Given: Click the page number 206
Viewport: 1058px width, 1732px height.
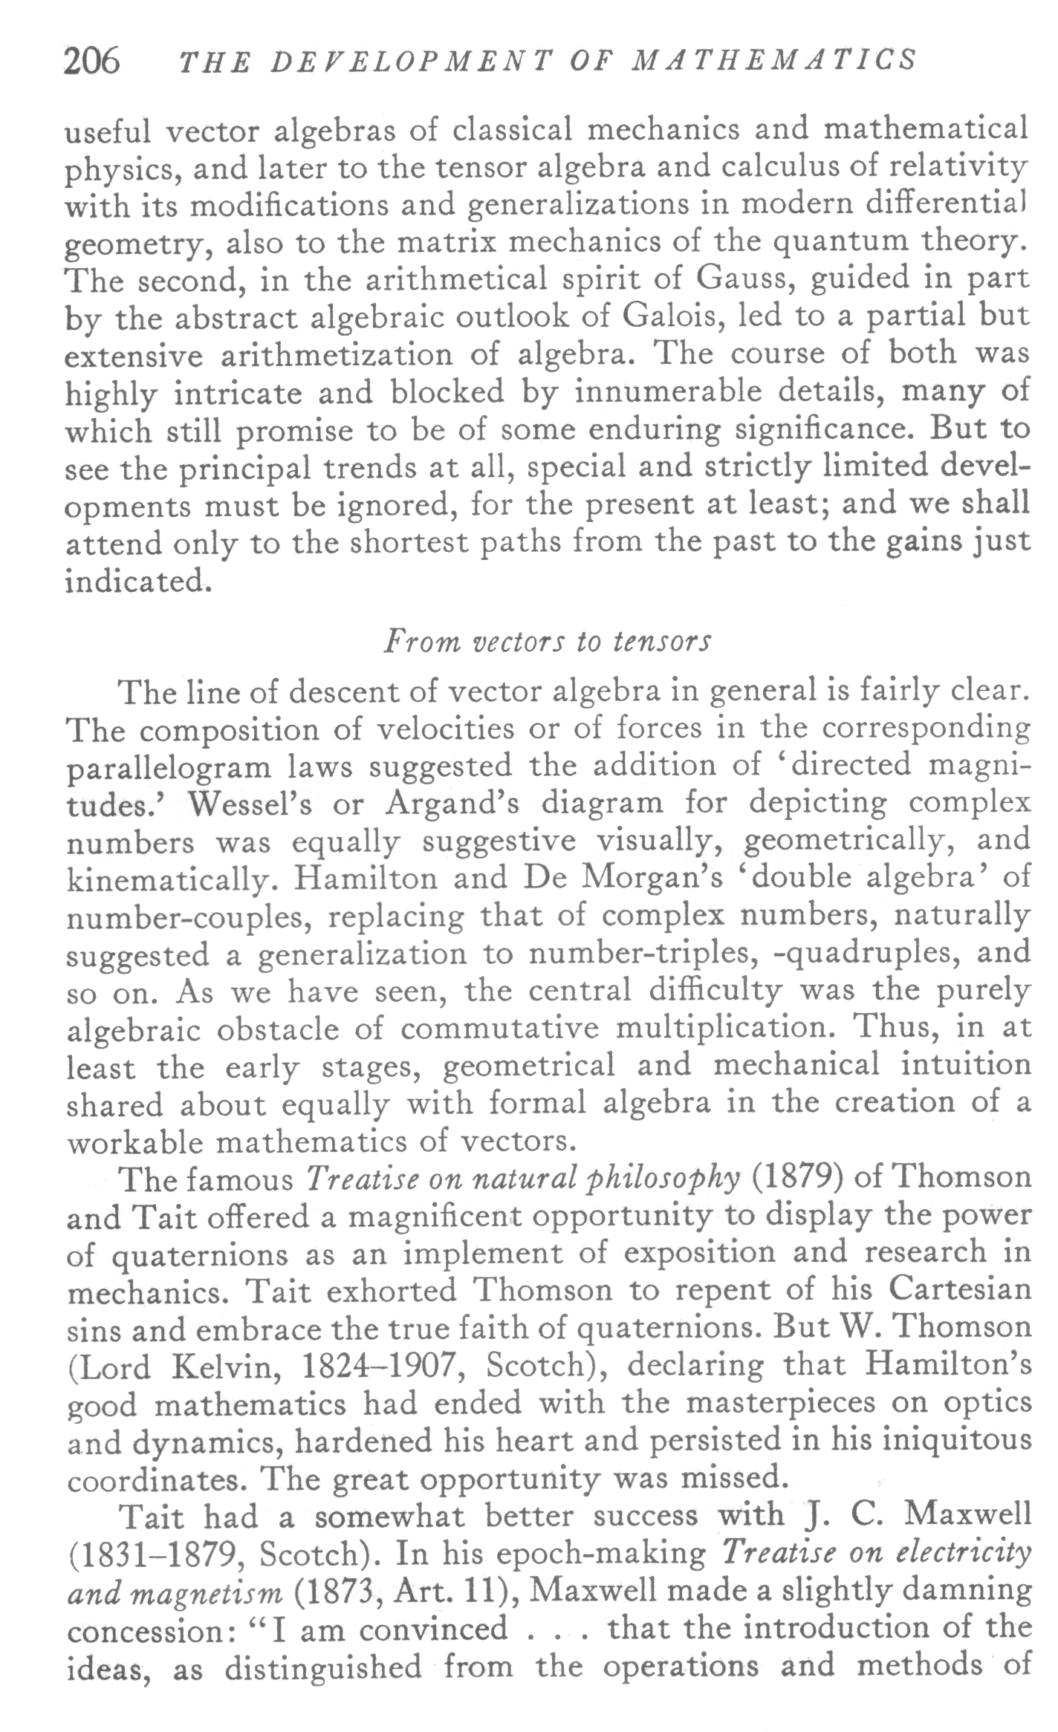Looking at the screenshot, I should coord(91,60).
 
